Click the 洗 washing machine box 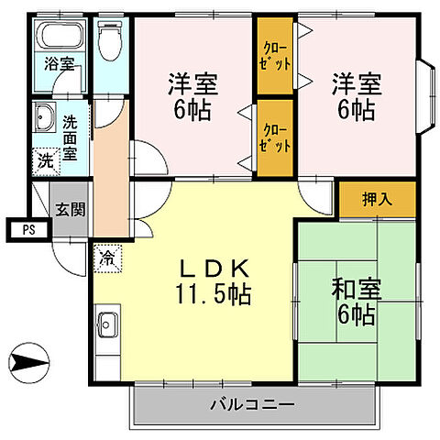(45, 159)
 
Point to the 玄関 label (70, 208)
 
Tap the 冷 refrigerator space (107, 257)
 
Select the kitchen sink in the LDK (108, 324)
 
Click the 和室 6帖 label (352, 302)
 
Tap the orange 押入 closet (376, 199)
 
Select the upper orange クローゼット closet (273, 66)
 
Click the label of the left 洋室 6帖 (193, 95)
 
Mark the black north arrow (31, 364)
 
